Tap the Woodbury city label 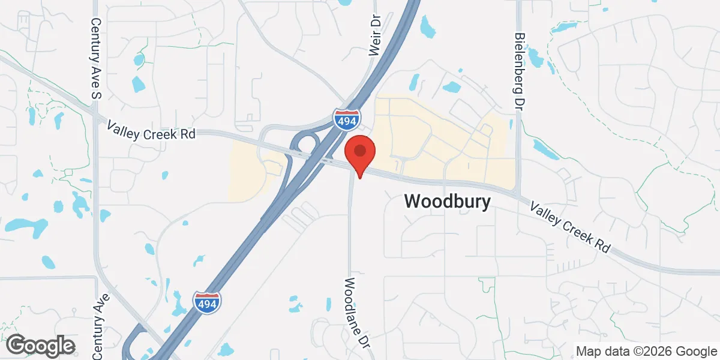(447, 202)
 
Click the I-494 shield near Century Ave (206, 302)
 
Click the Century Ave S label (95, 56)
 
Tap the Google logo (40, 346)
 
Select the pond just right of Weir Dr (427, 26)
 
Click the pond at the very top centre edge (345, 2)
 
